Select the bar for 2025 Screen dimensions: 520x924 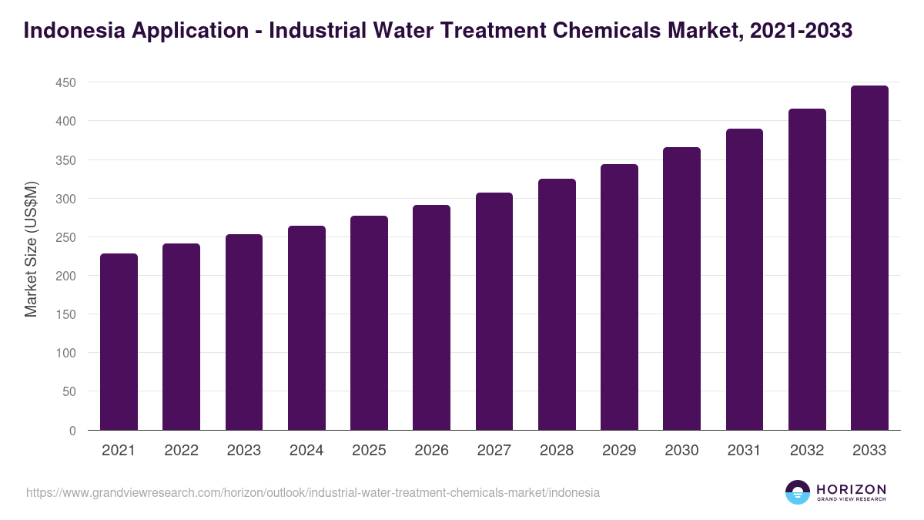click(369, 323)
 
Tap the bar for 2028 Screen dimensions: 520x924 click(557, 304)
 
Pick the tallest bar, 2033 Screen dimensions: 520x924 click(869, 257)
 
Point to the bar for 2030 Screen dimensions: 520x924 click(681, 288)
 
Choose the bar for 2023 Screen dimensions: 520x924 click(244, 332)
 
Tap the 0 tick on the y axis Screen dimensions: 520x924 click(72, 431)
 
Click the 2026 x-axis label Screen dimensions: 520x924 click(431, 451)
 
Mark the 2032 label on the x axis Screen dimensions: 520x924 click(807, 451)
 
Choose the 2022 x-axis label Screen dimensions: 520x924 click(181, 451)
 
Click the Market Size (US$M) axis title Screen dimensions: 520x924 click(31, 249)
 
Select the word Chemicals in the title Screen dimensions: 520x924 click(611, 31)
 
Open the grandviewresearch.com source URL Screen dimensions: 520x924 click(313, 492)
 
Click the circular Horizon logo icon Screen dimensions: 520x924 click(798, 492)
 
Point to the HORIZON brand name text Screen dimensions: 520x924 click(851, 488)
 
